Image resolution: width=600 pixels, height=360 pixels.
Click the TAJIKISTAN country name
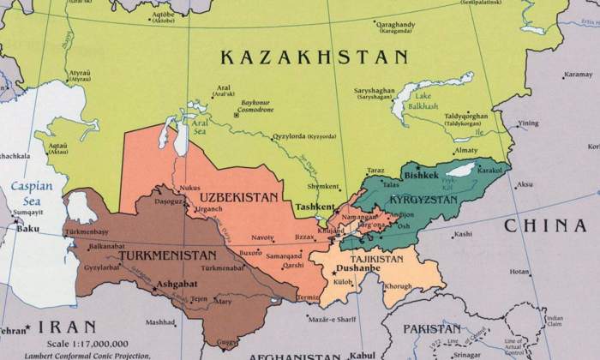tap(375, 258)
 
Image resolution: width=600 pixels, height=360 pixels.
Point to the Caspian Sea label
tap(31, 192)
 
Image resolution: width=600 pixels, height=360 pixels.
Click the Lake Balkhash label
tap(420, 102)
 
